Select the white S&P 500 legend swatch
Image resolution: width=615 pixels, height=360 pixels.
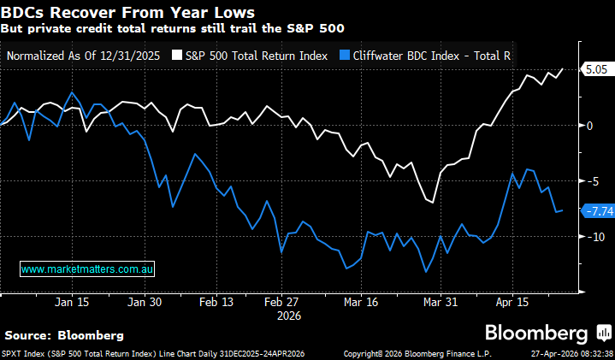[x=177, y=55]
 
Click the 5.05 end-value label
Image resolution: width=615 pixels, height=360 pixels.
[x=595, y=70]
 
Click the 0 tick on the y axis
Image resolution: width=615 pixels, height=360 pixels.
[x=588, y=126]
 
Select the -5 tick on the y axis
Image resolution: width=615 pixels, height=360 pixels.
[x=590, y=181]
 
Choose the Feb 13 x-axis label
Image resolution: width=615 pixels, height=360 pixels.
[x=216, y=302]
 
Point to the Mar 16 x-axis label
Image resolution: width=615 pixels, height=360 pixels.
[x=360, y=302]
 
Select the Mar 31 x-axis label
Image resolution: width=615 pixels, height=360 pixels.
[x=439, y=302]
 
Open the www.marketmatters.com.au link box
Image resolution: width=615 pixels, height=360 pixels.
[x=86, y=269]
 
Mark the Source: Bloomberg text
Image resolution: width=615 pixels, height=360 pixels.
[x=64, y=334]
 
